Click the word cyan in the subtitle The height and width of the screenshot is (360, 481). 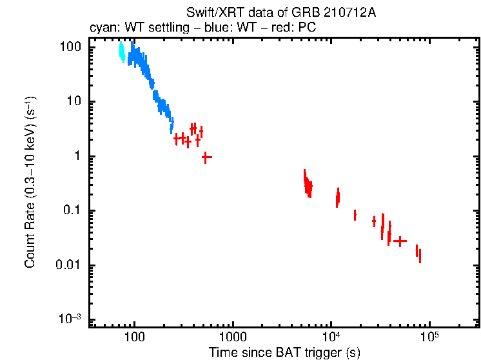(101, 28)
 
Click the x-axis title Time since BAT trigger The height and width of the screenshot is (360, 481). (284, 352)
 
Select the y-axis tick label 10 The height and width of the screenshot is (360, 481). (74, 102)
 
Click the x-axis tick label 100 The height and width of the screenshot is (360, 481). (134, 336)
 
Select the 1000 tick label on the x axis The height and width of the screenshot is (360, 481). (232, 336)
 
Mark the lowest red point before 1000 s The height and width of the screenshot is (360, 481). (206, 157)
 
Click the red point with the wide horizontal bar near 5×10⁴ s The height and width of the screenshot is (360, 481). (400, 241)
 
